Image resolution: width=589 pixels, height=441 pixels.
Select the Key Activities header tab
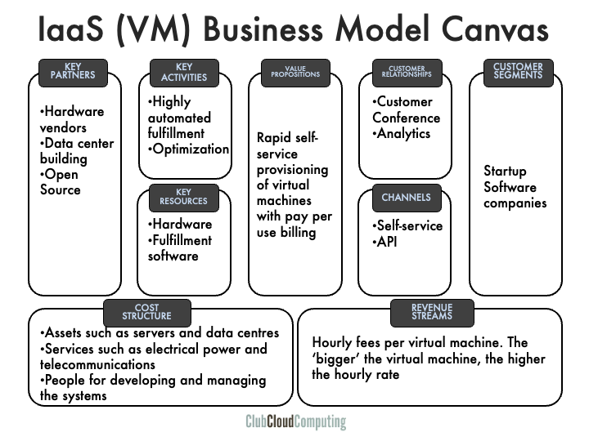point(184,72)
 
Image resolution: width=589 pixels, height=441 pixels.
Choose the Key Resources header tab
point(183,197)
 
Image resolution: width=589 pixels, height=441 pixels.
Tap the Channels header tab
point(406,198)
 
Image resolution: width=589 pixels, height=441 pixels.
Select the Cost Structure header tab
point(147,312)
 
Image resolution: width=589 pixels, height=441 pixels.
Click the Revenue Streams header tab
point(432,312)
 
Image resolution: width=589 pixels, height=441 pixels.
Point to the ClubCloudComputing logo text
point(295,422)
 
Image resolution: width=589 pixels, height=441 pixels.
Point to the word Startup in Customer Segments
point(505,171)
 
